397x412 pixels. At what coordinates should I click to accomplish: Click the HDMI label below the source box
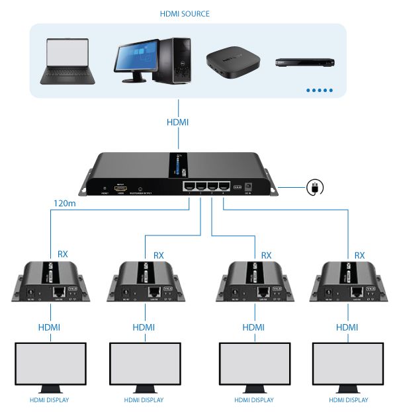click(x=177, y=122)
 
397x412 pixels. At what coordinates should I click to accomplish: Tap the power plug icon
click(x=315, y=188)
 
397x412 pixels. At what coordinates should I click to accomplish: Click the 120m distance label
click(x=67, y=204)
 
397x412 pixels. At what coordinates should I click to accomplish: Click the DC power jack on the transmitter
click(x=250, y=186)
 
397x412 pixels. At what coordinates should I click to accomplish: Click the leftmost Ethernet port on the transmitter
click(x=190, y=186)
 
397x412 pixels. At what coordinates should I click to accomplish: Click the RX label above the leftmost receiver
click(x=63, y=253)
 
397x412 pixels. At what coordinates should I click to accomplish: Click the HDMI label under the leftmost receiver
click(x=51, y=327)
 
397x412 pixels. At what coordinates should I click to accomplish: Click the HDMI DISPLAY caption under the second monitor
click(x=144, y=400)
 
